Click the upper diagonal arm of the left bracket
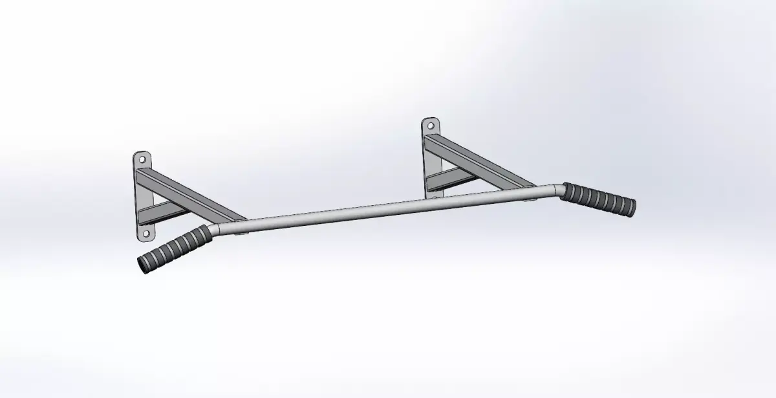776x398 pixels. pyautogui.click(x=194, y=192)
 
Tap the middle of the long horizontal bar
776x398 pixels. pyautogui.click(x=388, y=208)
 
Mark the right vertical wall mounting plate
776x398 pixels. pyautogui.click(x=430, y=159)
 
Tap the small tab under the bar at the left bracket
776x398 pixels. pyautogui.click(x=241, y=234)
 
